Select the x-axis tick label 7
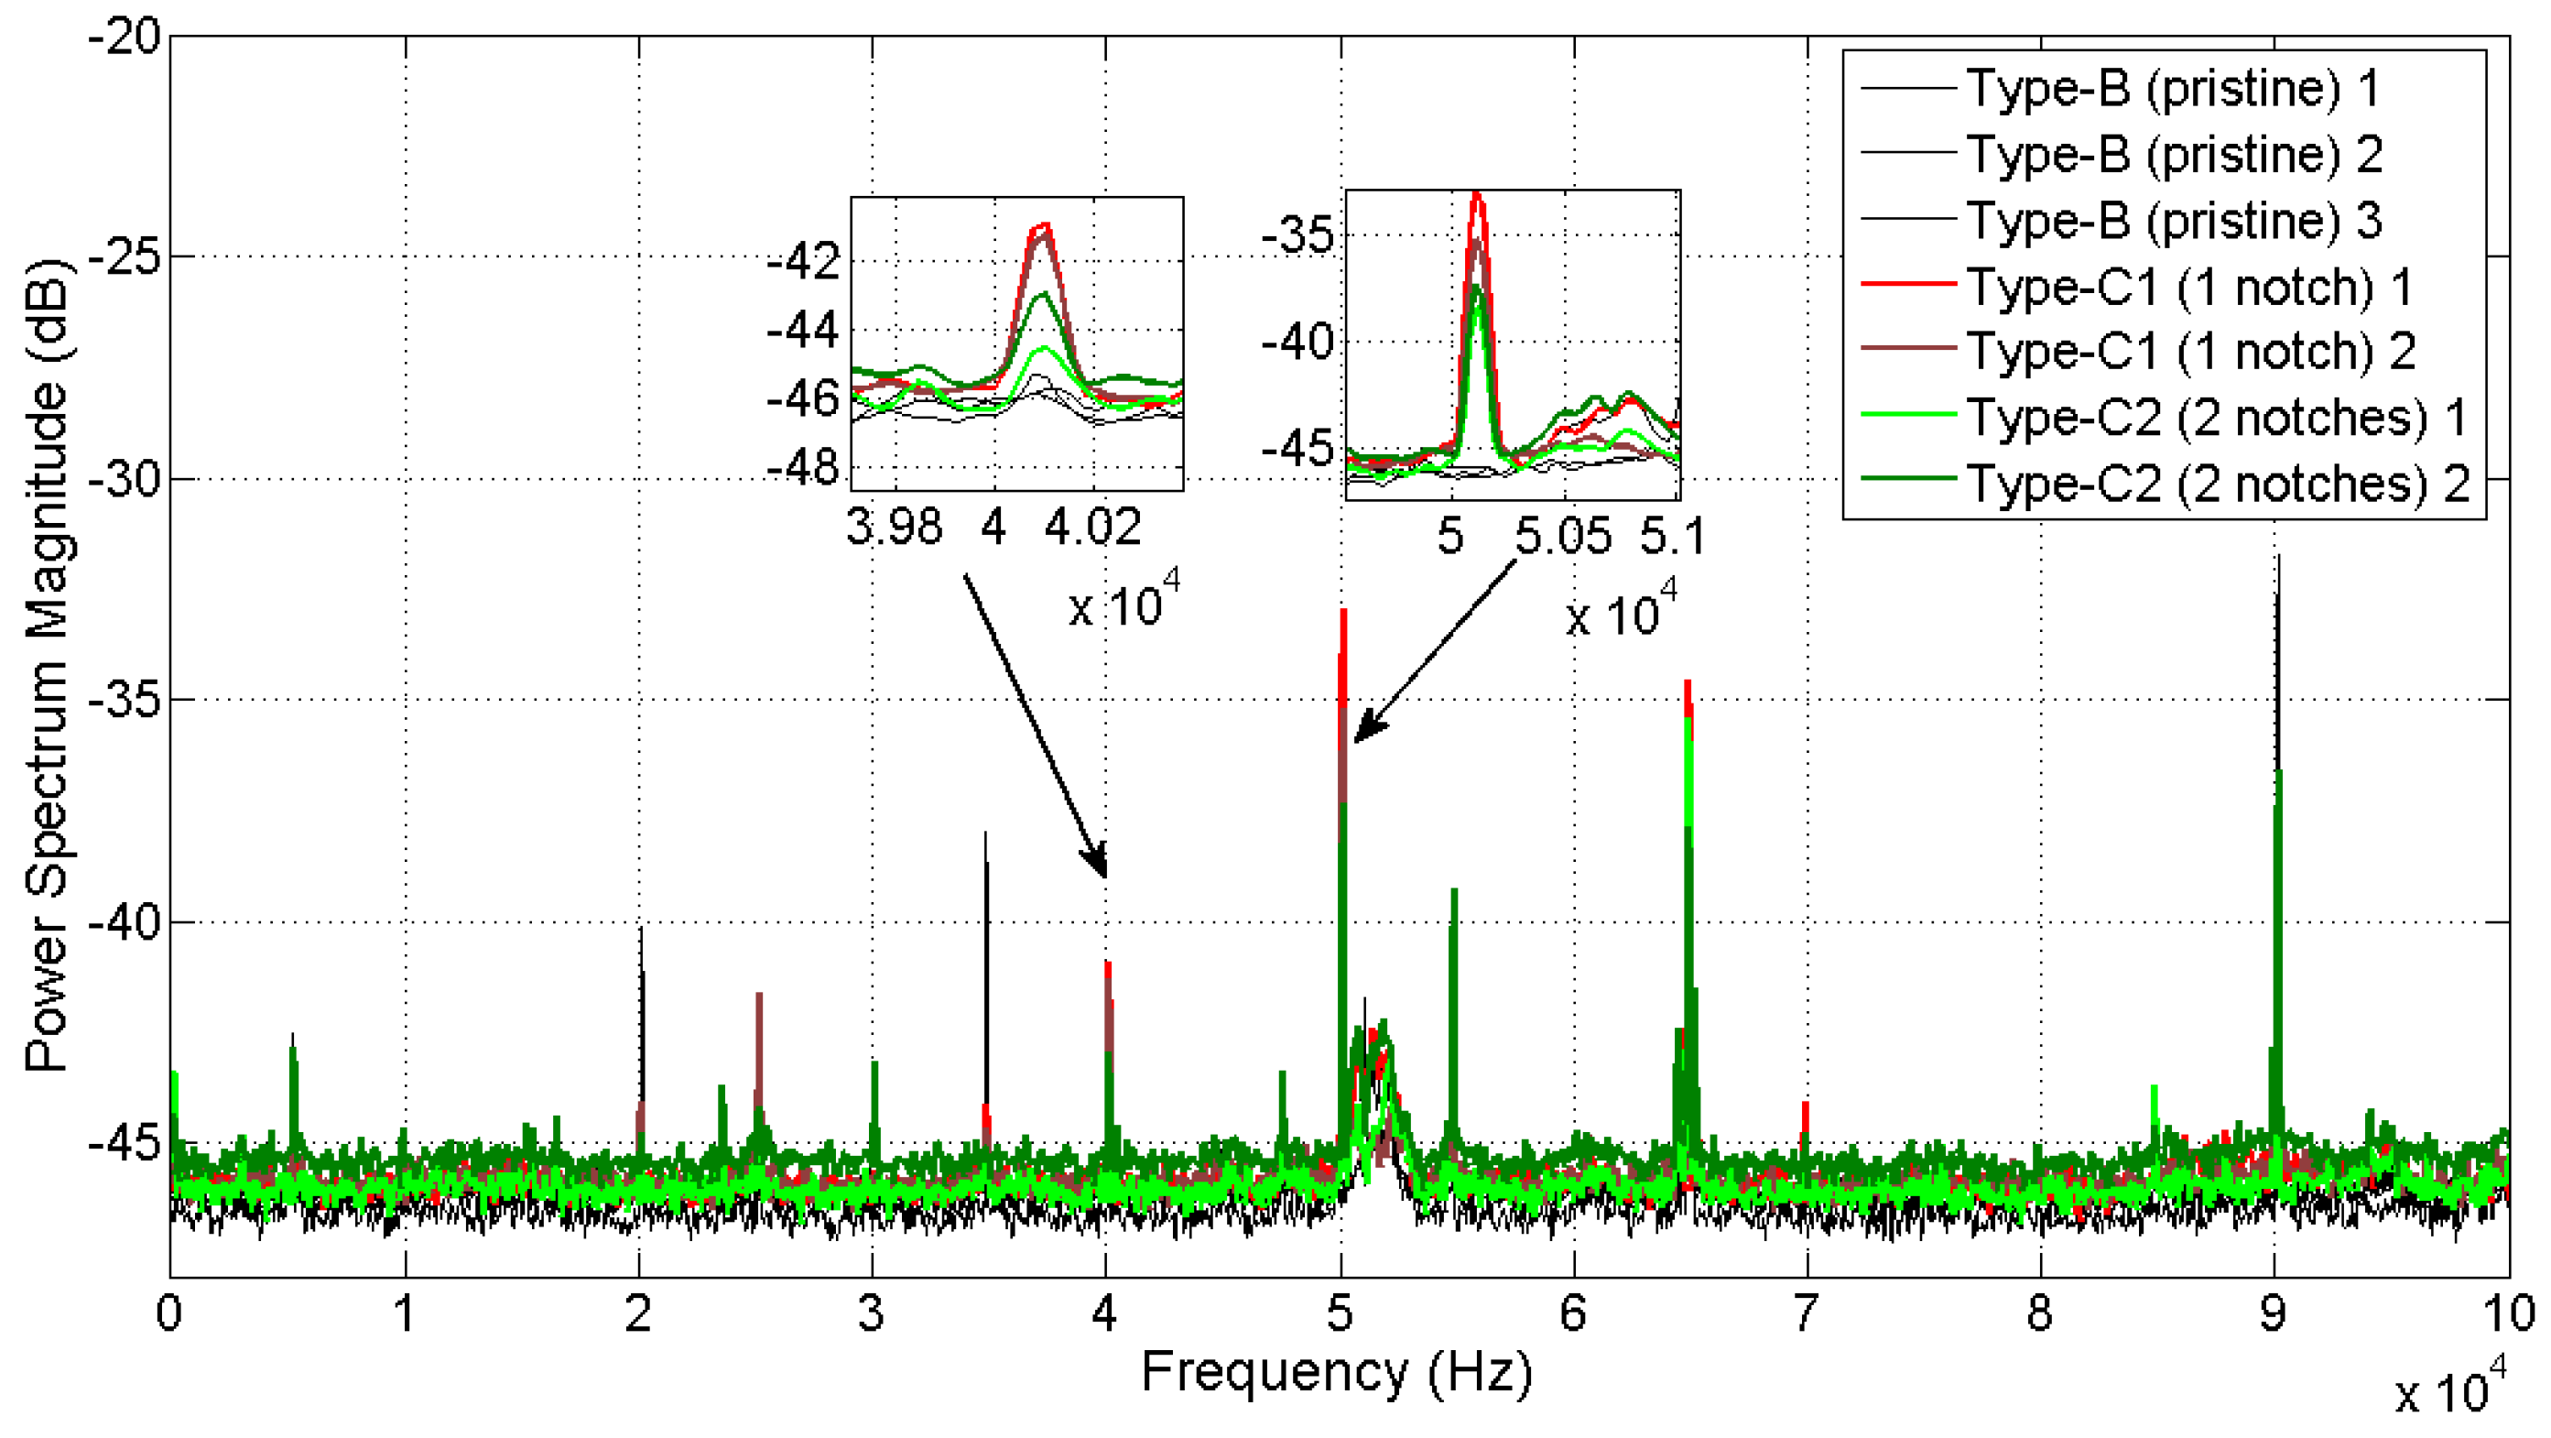[1806, 1314]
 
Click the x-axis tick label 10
[2507, 1314]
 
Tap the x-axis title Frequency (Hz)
[1337, 1373]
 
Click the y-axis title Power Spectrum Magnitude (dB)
[47, 666]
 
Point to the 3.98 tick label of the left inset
[894, 527]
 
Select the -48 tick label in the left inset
[803, 466]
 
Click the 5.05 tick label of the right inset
[1563, 537]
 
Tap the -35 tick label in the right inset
[1298, 235]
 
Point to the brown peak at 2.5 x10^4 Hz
[758, 997]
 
